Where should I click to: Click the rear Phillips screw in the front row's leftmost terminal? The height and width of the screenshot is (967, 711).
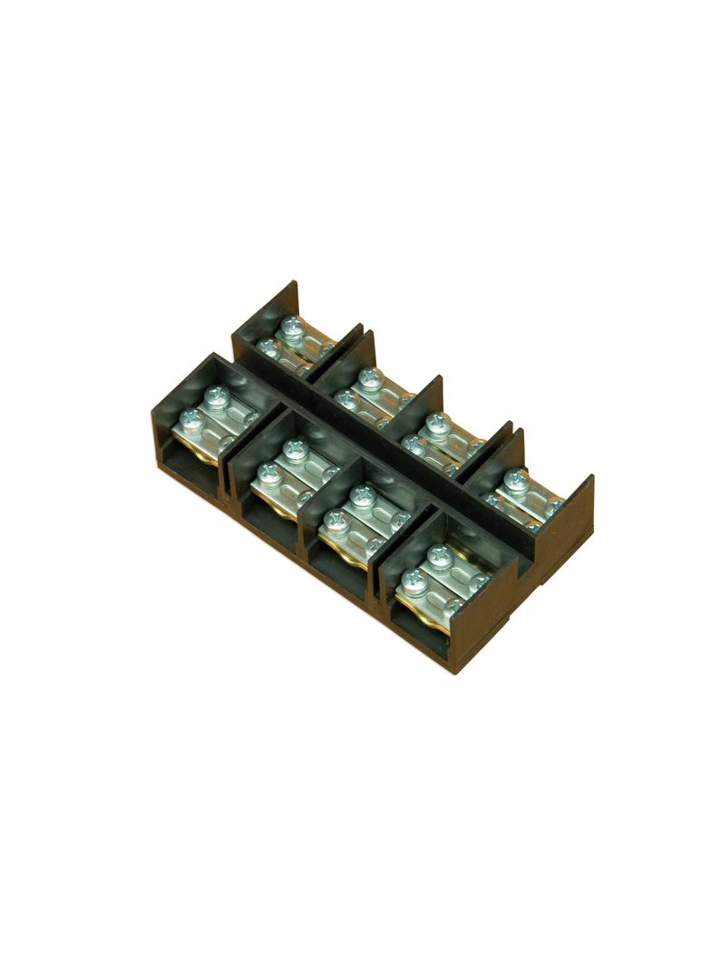pos(217,395)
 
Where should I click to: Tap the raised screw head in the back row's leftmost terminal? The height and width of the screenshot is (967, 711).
pos(291,325)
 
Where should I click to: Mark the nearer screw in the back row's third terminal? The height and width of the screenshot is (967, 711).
pos(414,443)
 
